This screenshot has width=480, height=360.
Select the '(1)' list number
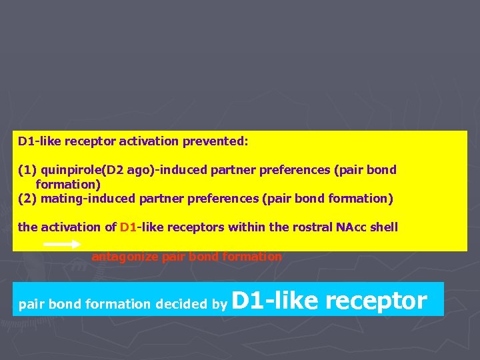pyautogui.click(x=26, y=170)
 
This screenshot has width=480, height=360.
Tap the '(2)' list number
pyautogui.click(x=26, y=198)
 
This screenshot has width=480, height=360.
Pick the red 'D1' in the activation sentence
pyautogui.click(x=127, y=227)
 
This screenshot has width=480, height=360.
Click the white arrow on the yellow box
pyautogui.click(x=62, y=245)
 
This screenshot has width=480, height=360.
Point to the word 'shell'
pyautogui.click(x=384, y=227)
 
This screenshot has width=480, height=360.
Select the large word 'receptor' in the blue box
pyautogui.click(x=376, y=302)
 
